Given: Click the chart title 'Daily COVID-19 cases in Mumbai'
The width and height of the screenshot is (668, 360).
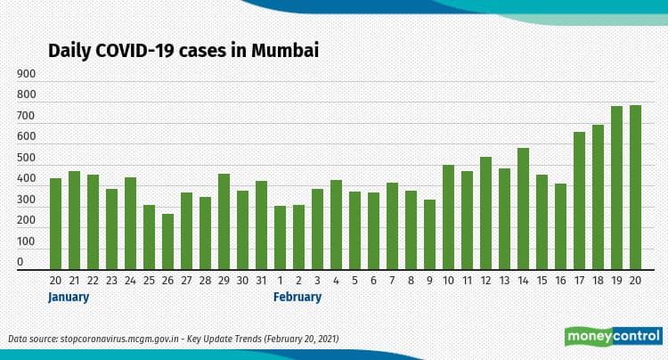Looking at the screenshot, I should [x=183, y=51].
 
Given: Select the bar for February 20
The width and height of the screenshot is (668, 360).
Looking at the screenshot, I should [x=635, y=187].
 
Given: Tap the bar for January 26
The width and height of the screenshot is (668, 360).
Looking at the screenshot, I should [x=167, y=241].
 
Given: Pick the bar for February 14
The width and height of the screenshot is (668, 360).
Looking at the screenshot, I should [x=523, y=209].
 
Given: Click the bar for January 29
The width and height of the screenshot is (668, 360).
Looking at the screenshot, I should [x=224, y=222].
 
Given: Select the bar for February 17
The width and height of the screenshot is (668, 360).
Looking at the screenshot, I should [x=579, y=200].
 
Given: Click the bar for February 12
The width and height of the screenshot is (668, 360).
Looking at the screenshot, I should [x=485, y=213].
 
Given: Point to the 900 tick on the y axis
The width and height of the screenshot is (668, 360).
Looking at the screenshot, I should [x=26, y=74].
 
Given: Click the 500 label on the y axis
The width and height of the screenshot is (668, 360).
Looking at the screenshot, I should [x=26, y=159].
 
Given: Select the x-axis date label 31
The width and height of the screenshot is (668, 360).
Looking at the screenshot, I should [x=261, y=280].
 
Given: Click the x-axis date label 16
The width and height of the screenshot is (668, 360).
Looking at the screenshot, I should [x=560, y=280].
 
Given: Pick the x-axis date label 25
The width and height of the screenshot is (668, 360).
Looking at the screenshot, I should [x=149, y=280].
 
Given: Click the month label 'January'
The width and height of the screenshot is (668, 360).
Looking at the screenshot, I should [x=69, y=298].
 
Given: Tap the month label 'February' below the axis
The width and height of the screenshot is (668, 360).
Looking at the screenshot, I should [x=297, y=298].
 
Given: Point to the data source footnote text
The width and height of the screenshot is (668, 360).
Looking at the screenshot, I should [x=173, y=339].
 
